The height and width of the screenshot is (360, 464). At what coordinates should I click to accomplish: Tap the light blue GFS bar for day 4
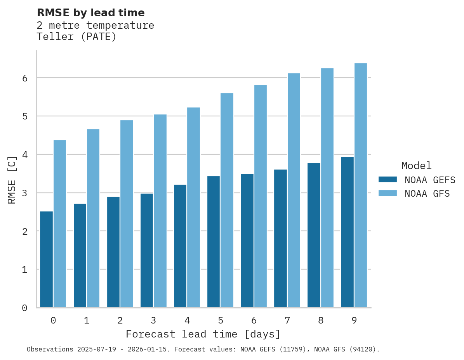(193, 208)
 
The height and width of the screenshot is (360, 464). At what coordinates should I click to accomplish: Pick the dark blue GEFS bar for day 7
(280, 238)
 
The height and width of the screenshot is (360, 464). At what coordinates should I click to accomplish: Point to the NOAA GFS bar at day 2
(127, 214)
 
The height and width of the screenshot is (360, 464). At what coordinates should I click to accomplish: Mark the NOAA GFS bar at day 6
(260, 196)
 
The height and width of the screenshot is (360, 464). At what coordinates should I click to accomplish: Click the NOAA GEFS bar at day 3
(147, 250)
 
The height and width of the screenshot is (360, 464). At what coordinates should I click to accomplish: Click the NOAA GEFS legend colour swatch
(388, 180)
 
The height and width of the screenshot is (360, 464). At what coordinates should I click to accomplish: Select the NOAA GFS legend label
(427, 194)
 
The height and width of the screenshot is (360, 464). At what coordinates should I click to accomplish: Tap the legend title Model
(416, 166)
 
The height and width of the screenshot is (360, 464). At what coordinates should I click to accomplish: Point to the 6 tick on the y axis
(24, 78)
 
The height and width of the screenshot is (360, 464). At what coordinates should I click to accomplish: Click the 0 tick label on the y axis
(24, 308)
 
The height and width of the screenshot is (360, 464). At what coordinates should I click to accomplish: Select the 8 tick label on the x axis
(321, 320)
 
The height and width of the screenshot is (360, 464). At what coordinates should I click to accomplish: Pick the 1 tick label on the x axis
(87, 320)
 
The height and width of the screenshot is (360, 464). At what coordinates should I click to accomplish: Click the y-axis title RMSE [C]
(12, 180)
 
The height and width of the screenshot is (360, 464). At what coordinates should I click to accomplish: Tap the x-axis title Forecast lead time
(203, 334)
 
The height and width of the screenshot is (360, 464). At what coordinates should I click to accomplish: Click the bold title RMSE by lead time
(90, 13)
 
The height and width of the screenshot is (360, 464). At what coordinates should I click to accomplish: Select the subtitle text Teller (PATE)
(76, 37)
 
